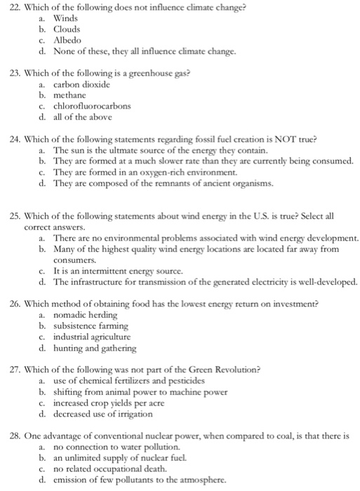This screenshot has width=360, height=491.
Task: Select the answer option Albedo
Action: pyautogui.click(x=69, y=41)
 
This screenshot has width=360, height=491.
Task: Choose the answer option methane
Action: pyautogui.click(x=71, y=95)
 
